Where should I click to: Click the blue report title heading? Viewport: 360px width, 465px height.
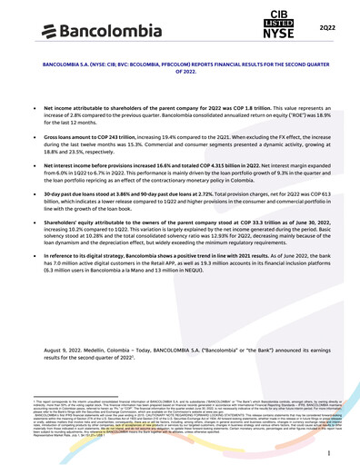pos(180,70)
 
